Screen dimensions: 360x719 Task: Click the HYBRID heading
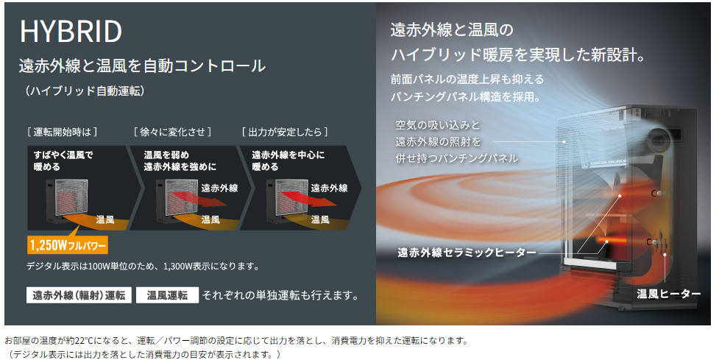point(71,32)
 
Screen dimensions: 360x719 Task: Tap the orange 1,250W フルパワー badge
point(68,244)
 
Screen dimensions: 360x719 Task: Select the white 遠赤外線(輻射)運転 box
point(79,295)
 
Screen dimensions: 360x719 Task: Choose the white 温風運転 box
point(167,295)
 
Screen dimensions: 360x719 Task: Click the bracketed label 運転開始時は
point(62,132)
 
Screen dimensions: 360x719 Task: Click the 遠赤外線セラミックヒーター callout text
point(467,253)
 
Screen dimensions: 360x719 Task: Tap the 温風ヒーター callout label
point(669,294)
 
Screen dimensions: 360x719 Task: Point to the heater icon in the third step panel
point(283,200)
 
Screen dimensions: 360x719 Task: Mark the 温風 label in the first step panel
point(105,219)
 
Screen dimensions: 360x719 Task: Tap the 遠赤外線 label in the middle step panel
point(219,188)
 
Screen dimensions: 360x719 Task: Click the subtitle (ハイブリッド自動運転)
point(84,91)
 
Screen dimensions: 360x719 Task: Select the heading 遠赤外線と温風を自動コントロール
point(142,66)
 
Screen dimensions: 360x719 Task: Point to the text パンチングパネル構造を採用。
point(467,96)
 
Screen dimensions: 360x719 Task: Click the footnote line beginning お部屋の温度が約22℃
point(235,341)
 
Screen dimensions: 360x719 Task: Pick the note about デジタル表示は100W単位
point(142,266)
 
